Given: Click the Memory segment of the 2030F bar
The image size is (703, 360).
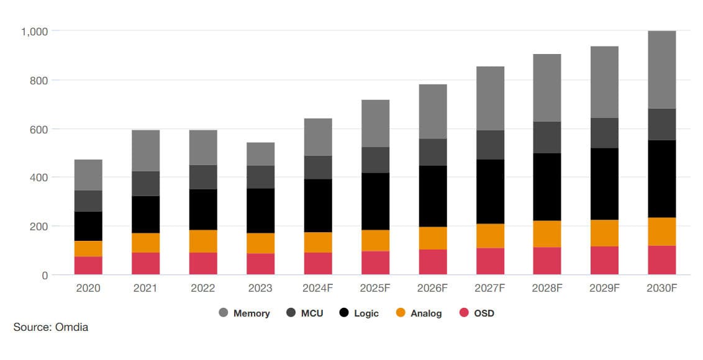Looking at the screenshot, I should tap(661, 70).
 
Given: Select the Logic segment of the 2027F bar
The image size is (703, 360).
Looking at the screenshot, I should tap(490, 191).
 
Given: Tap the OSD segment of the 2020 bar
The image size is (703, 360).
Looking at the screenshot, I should tap(88, 265).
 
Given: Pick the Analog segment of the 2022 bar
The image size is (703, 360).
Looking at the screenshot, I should tap(203, 241).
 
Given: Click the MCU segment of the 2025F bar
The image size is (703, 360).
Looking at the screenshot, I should tap(375, 160).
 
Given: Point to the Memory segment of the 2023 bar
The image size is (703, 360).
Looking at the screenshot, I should tap(260, 154).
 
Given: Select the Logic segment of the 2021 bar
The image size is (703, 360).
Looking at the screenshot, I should tap(145, 214).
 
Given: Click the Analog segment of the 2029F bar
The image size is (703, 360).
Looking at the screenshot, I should tap(604, 233).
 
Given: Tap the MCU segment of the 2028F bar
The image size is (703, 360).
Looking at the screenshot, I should tap(547, 137).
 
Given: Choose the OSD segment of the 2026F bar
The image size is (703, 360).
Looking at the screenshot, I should tap(432, 261).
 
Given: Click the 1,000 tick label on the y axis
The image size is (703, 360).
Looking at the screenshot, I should tap(35, 31).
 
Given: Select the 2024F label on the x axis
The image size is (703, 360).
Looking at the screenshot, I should tap(317, 289).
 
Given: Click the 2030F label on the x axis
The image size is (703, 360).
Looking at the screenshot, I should tap(661, 289).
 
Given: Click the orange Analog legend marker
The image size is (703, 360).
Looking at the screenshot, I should tap(401, 313).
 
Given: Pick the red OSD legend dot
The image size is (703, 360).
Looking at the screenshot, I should tap(463, 313).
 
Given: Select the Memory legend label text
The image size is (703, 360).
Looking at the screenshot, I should tap(252, 313).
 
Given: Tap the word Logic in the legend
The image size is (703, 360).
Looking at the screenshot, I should tap(366, 313).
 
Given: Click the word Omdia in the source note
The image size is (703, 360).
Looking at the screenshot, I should tap(71, 327).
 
